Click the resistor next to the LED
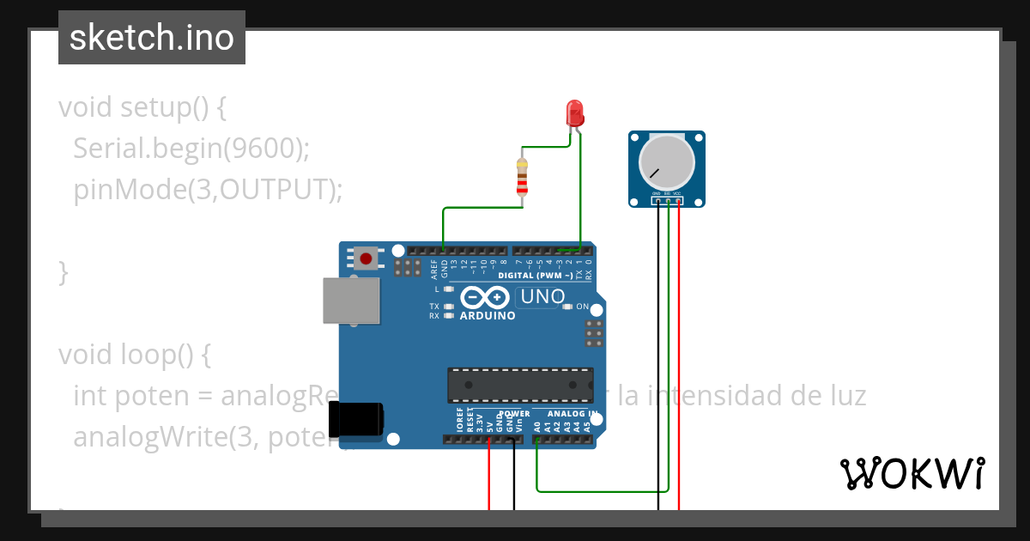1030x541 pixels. tap(521, 177)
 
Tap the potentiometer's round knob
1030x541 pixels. tap(667, 163)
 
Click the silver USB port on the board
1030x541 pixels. tap(351, 301)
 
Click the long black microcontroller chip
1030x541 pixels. tap(519, 385)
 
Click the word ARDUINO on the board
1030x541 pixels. tap(488, 316)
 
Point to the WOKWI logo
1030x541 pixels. tap(912, 473)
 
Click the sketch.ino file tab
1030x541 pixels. tap(152, 38)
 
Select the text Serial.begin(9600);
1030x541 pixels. tap(191, 149)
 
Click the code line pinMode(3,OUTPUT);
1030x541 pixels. tap(208, 190)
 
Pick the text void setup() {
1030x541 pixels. tap(142, 107)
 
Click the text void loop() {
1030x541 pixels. tap(134, 354)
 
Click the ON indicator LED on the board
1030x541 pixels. tap(567, 307)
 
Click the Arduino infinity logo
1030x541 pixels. tap(484, 298)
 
